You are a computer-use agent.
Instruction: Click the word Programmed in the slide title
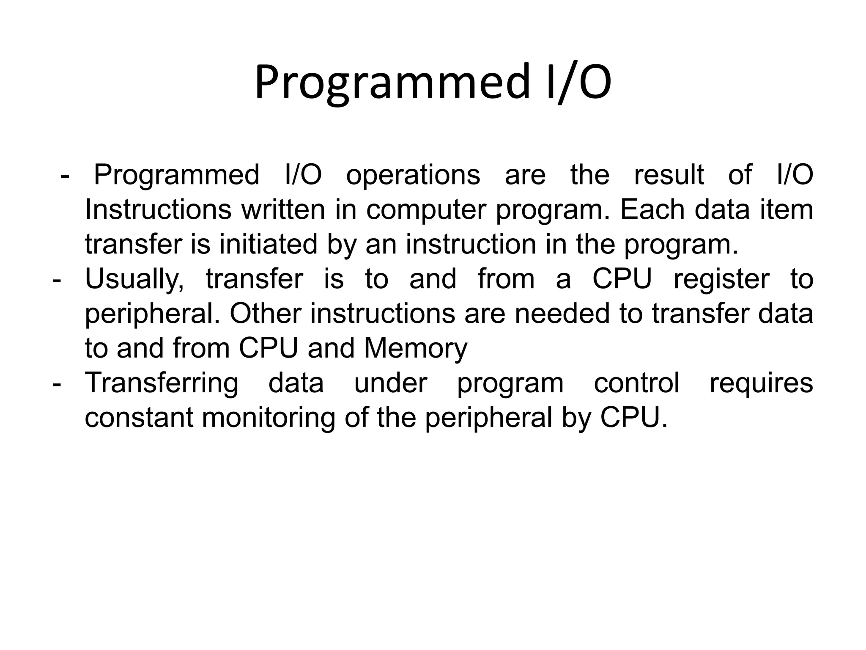pyautogui.click(x=392, y=82)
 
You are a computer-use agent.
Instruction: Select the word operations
pyautogui.click(x=413, y=175)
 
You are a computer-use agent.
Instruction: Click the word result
pyautogui.click(x=669, y=175)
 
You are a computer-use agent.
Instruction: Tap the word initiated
pyautogui.click(x=268, y=245)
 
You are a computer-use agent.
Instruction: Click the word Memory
pyautogui.click(x=415, y=349)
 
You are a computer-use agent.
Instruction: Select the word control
pyautogui.click(x=636, y=383)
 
